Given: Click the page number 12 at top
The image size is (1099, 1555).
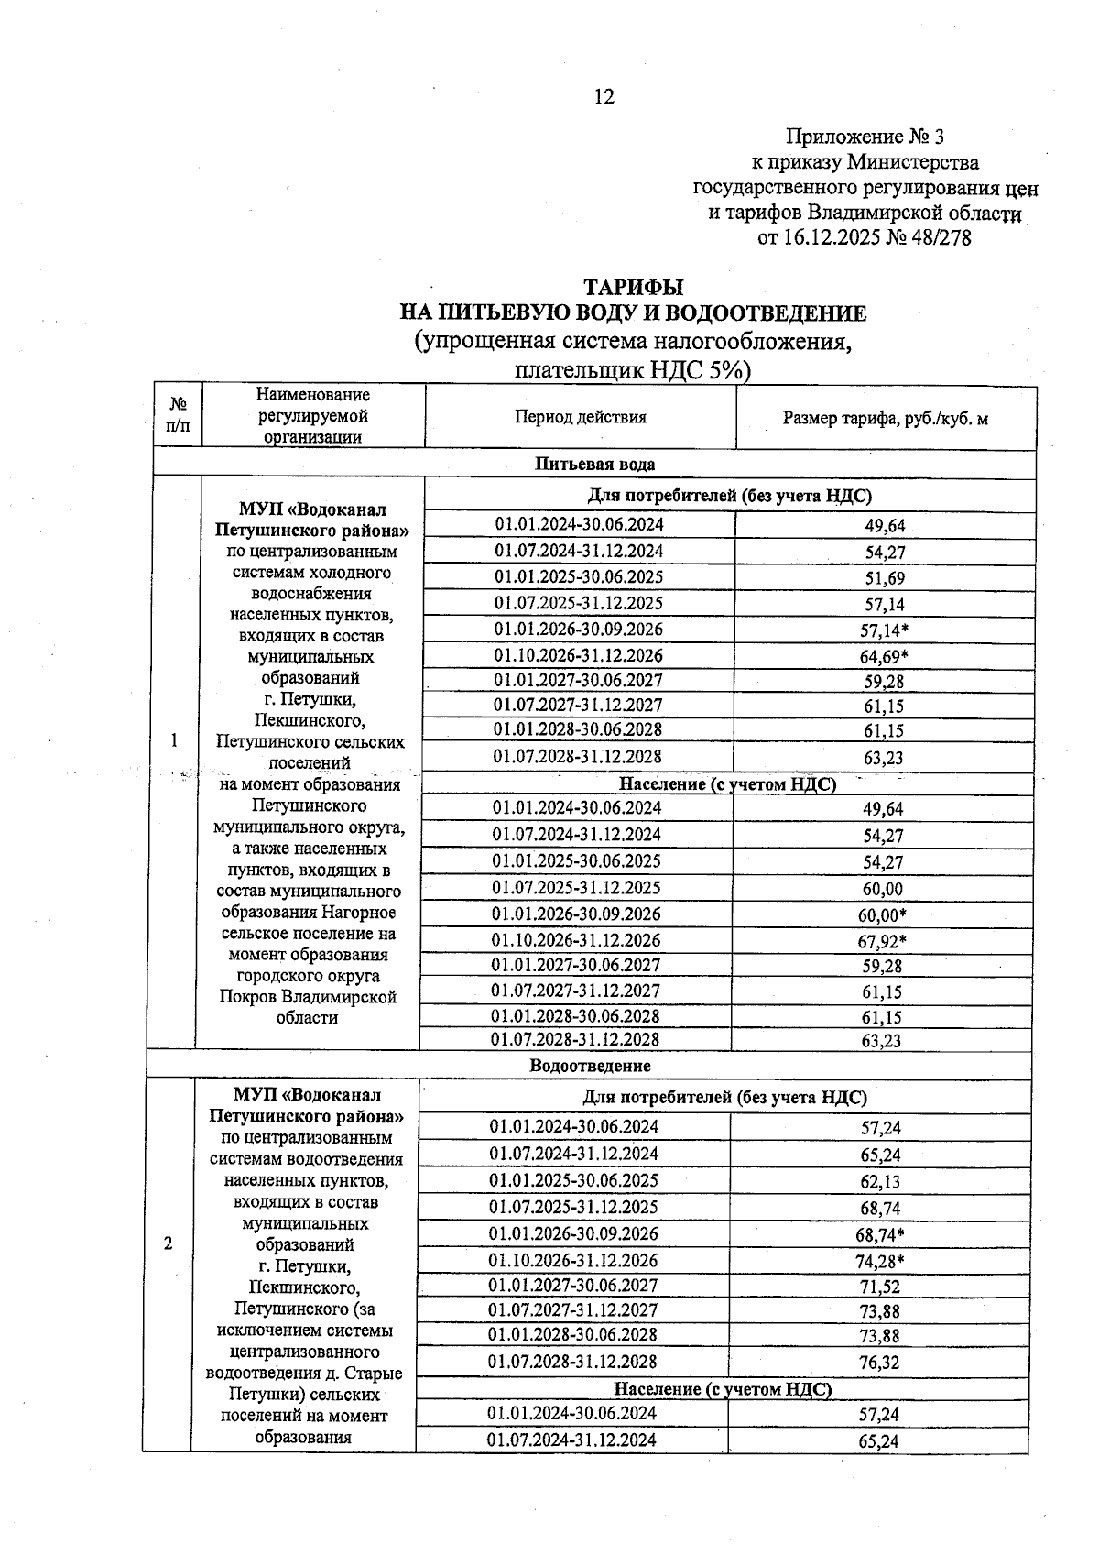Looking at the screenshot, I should tap(604, 97).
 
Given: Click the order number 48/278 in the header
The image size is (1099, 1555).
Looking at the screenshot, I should tap(938, 238).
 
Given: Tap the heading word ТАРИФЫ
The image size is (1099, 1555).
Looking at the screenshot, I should tap(634, 288).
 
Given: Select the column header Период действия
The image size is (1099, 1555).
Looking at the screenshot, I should tap(580, 417).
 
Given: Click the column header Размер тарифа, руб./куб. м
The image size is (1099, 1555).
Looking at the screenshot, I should tap(885, 419).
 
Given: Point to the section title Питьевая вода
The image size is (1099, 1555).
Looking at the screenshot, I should tap(594, 464).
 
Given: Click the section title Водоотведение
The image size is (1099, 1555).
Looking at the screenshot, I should tap(590, 1066).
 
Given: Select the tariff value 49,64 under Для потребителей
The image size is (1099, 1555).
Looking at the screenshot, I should tap(884, 526).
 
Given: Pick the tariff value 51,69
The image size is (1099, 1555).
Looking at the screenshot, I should tap(884, 578).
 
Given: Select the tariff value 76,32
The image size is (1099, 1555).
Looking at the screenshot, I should tap(879, 1363).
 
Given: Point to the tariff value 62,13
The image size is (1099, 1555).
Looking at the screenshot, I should tap(879, 1182).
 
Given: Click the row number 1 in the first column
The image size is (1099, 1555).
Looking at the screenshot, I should tap(174, 740).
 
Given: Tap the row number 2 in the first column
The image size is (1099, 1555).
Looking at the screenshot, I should tap(168, 1243).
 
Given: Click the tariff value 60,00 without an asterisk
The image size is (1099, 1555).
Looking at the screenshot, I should tap(883, 889).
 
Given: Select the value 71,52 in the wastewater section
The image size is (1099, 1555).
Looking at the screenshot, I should tap(879, 1287).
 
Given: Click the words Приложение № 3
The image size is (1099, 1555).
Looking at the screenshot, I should tap(865, 137).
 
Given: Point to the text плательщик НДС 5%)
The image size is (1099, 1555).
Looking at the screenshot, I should tap(632, 370).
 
